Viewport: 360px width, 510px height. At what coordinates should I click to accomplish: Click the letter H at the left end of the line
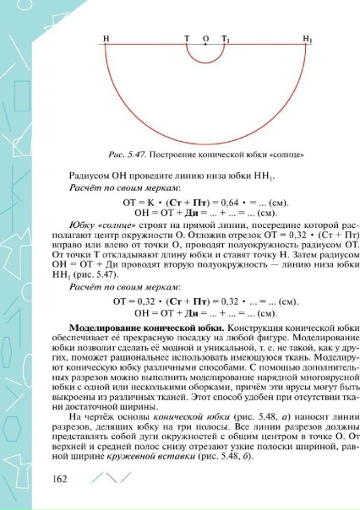point(106,39)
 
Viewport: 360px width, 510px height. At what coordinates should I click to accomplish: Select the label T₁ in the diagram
point(225,39)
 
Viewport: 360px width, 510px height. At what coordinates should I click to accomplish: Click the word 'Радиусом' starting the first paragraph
point(88,176)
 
